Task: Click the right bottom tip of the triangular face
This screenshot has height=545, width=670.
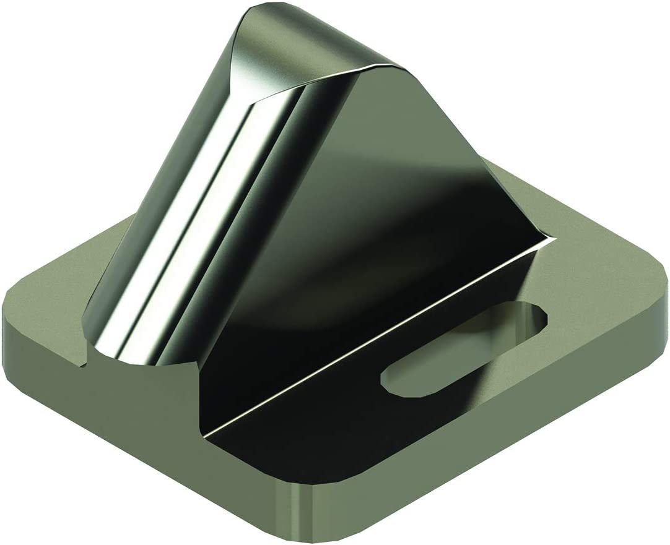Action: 548,235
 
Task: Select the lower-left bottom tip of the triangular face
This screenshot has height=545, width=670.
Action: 204,430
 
